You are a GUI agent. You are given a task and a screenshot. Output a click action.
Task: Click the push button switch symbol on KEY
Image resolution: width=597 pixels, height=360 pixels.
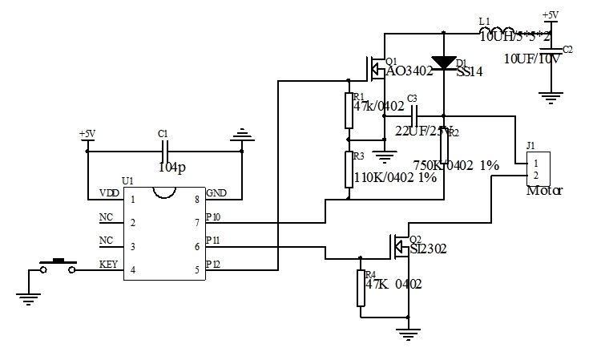coord(58,265)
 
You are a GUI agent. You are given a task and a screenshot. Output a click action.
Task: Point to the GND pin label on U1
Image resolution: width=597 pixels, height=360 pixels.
coord(216,193)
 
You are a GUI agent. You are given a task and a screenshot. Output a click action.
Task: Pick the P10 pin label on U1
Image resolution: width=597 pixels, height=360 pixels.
coord(213,217)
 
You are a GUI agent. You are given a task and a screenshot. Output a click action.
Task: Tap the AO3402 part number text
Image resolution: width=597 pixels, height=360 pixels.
coord(409,71)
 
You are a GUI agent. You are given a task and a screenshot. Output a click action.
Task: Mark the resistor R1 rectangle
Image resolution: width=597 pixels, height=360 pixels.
coord(349,111)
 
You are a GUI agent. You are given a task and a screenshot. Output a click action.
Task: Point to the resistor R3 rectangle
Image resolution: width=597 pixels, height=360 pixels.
coord(349,170)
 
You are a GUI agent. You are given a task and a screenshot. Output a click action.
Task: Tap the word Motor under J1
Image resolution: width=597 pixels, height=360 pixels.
coord(545,192)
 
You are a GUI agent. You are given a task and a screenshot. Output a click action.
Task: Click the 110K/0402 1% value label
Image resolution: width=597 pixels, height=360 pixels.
coord(394,178)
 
